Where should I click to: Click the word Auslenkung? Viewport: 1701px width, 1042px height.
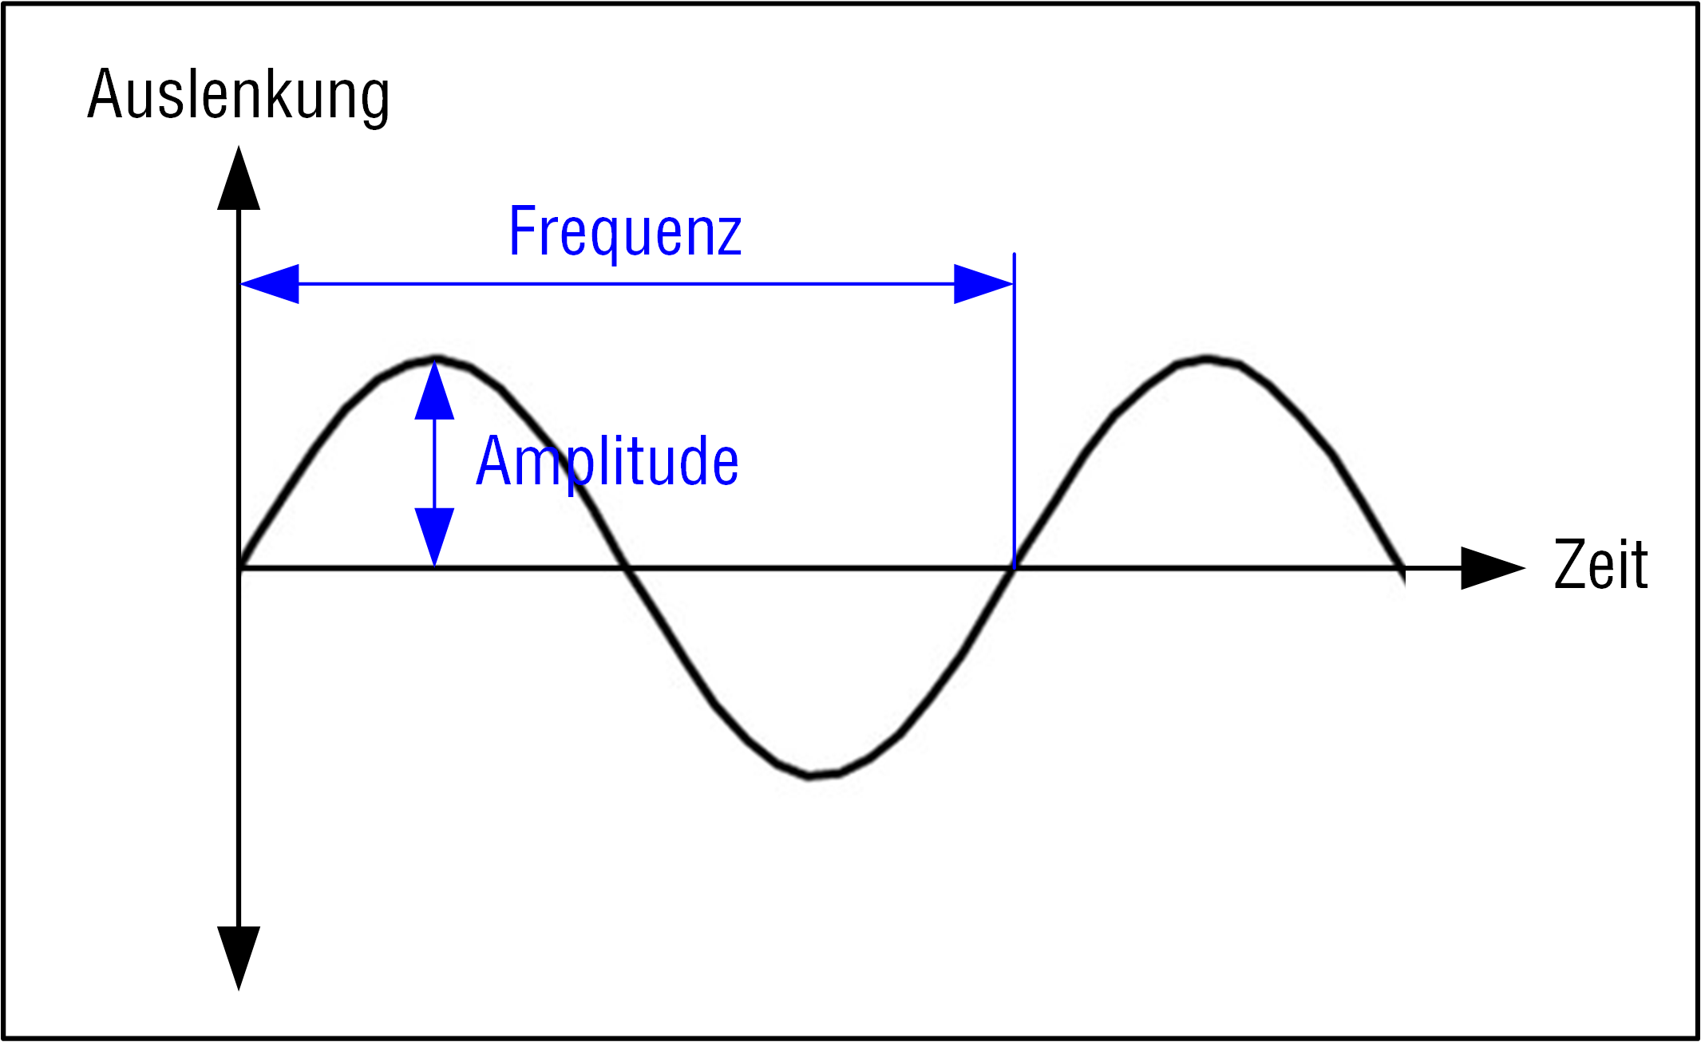pyautogui.click(x=239, y=96)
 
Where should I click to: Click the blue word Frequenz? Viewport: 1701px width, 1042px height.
pyautogui.click(x=626, y=232)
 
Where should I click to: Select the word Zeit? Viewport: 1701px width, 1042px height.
pyautogui.click(x=1600, y=564)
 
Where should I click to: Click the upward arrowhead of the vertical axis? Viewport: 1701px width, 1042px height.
pyautogui.click(x=239, y=178)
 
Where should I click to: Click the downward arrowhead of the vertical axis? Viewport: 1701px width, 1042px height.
pyautogui.click(x=239, y=958)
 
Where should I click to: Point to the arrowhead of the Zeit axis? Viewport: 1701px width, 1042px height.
pyautogui.click(x=1493, y=568)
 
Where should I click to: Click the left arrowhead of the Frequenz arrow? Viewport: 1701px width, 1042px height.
pyautogui.click(x=270, y=283)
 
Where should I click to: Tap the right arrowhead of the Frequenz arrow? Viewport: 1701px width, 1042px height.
pyautogui.click(x=983, y=283)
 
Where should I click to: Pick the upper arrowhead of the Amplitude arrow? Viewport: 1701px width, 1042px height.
pyautogui.click(x=434, y=391)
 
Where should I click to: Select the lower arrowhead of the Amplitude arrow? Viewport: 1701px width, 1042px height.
pyautogui.click(x=434, y=537)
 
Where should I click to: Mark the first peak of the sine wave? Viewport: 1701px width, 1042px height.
pyautogui.click(x=435, y=359)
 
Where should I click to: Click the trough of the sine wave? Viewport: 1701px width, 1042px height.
pyautogui.click(x=811, y=775)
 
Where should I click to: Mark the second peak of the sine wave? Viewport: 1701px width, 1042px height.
pyautogui.click(x=1207, y=359)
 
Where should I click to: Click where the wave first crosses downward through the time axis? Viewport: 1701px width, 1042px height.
pyautogui.click(x=626, y=568)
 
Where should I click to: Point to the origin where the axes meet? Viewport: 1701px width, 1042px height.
pyautogui.click(x=239, y=568)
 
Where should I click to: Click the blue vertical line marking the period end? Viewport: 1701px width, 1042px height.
pyautogui.click(x=1014, y=411)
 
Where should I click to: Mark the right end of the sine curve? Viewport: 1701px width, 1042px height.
pyautogui.click(x=1402, y=568)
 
